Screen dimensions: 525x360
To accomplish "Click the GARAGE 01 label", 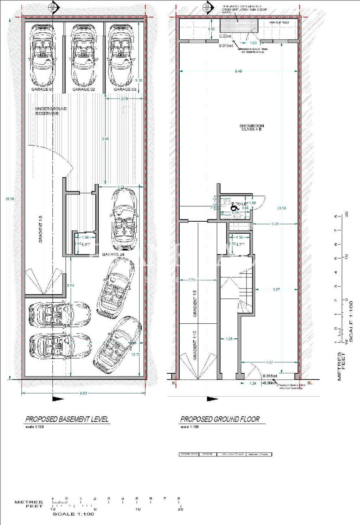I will (x=42, y=89).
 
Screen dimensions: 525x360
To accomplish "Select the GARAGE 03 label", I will (x=125, y=89).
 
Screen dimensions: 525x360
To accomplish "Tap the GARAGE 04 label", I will (x=113, y=254).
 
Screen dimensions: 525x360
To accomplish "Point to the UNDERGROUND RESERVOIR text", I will (x=51, y=111).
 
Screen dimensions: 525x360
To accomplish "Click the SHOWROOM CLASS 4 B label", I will (x=251, y=127).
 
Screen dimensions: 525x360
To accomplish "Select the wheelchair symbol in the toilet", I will (x=233, y=207).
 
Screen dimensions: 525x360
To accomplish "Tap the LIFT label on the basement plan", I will (x=86, y=244).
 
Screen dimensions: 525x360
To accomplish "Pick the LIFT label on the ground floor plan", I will (x=240, y=244).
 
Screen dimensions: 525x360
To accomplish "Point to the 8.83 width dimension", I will (x=83, y=393).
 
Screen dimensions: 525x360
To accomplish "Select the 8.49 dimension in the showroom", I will (x=238, y=71).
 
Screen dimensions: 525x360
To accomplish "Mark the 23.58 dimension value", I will (x=282, y=208).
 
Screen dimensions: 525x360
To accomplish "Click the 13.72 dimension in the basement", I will (x=135, y=355).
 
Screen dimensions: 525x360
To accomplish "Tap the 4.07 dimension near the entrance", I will (x=269, y=362).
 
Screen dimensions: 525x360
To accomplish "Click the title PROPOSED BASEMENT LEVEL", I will (x=67, y=419).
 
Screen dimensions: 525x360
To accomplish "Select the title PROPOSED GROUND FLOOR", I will (x=220, y=419).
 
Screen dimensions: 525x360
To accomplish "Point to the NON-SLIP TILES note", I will (x=279, y=23).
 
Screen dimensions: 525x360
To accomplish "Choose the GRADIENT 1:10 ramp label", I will (x=195, y=345).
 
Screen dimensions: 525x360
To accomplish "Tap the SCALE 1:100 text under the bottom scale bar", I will (x=73, y=514).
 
